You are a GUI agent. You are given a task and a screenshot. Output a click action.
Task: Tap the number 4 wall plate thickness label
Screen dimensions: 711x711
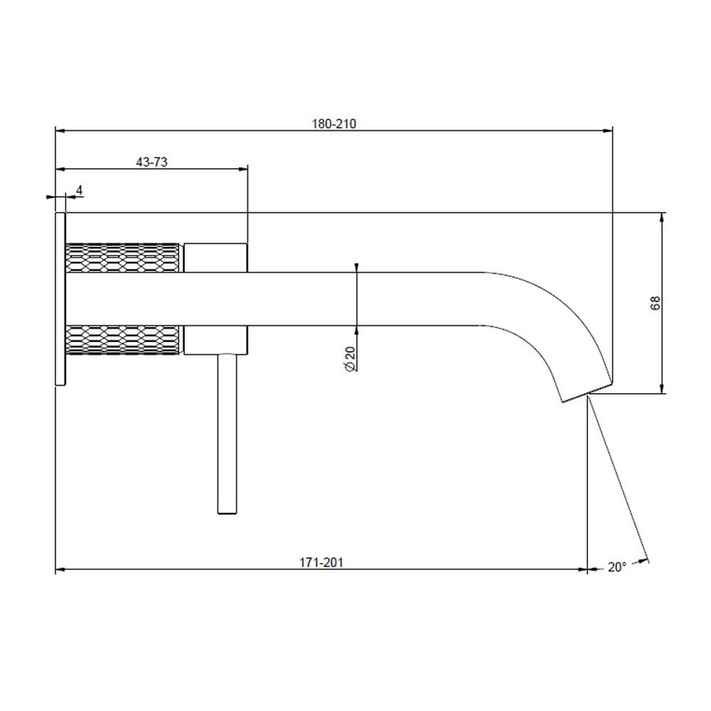coord(79,191)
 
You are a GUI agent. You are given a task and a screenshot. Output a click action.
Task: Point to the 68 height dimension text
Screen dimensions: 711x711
coord(655,303)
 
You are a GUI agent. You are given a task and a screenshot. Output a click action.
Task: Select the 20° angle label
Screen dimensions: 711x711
coord(616,566)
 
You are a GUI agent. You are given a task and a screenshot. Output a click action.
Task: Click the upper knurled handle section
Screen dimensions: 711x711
coord(123,257)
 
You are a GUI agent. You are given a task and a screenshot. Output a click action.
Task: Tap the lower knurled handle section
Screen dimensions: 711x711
coord(123,340)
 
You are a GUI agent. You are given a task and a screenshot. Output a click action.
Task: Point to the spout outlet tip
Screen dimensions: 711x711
coord(575,395)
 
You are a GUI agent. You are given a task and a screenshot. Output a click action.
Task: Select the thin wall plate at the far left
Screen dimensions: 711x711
coord(59,299)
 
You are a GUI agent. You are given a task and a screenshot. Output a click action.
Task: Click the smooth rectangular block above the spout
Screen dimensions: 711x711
coord(215,257)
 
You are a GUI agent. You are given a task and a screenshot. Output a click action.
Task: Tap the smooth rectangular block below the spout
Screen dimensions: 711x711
coord(215,340)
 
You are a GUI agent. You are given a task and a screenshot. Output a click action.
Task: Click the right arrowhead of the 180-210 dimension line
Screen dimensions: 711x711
coord(608,130)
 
